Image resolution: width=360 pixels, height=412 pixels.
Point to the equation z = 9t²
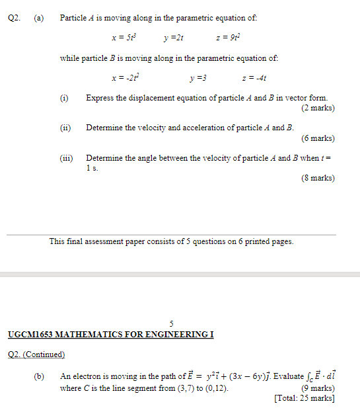click(x=228, y=38)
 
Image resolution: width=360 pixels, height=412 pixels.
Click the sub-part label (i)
click(x=64, y=98)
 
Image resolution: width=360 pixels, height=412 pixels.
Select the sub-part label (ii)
click(x=65, y=128)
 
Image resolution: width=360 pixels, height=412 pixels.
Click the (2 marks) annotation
click(x=318, y=107)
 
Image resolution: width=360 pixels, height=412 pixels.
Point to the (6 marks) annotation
click(x=318, y=138)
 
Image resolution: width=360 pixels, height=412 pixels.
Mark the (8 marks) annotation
click(x=318, y=178)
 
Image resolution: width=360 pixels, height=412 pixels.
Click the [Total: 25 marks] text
click(x=304, y=398)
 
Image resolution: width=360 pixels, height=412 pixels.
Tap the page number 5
click(x=171, y=323)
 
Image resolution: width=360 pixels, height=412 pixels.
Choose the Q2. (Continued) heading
click(x=36, y=354)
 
